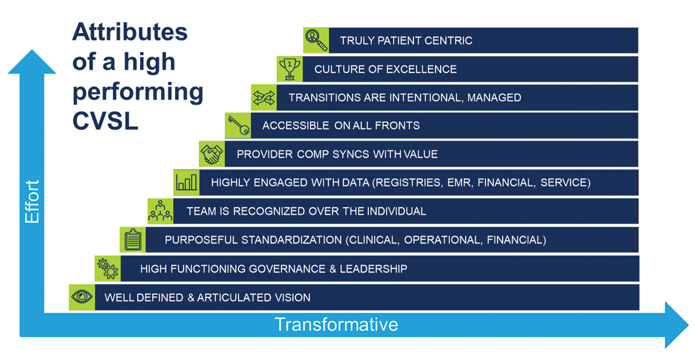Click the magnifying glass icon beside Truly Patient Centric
click(x=316, y=40)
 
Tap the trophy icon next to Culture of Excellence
click(x=290, y=69)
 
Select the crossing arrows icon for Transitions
click(x=264, y=98)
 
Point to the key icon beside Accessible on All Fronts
click(x=238, y=125)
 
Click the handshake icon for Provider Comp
click(x=212, y=154)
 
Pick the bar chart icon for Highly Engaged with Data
click(x=186, y=182)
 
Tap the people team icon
click(x=160, y=211)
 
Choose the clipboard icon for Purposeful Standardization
click(x=133, y=240)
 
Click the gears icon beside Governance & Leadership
click(x=108, y=269)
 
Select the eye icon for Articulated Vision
click(x=82, y=297)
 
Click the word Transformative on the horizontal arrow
click(x=336, y=324)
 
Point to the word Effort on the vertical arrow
click(x=32, y=201)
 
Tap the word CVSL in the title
click(x=105, y=121)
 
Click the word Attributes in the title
click(x=130, y=32)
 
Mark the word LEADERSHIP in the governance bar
click(x=373, y=269)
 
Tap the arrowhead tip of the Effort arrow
click(x=32, y=50)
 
